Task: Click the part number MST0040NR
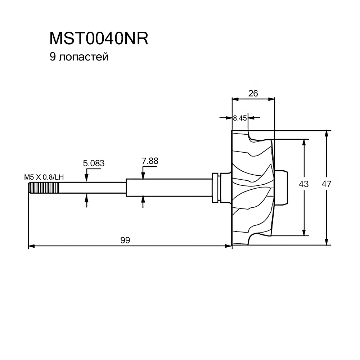(99, 39)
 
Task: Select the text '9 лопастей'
(79, 57)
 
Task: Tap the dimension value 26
(253, 93)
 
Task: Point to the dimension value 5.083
(94, 163)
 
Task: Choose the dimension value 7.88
(150, 161)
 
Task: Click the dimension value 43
(304, 184)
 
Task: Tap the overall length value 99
(125, 240)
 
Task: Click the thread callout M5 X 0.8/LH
(44, 177)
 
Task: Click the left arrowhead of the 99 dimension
(31, 246)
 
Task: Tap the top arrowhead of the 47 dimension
(327, 133)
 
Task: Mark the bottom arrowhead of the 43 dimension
(305, 232)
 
